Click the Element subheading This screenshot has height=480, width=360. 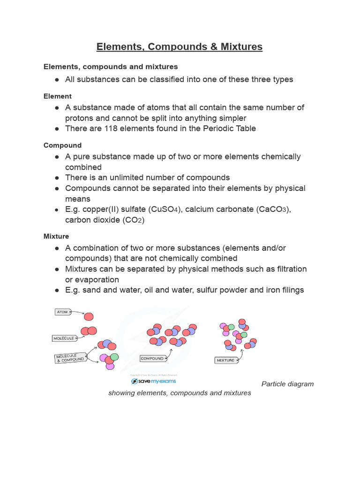(x=58, y=96)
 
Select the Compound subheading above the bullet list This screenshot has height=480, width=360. (x=62, y=145)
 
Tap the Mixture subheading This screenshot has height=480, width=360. (x=56, y=236)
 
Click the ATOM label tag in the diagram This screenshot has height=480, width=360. (x=62, y=312)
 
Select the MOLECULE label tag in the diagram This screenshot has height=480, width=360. (x=64, y=338)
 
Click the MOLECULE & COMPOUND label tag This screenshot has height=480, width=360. (x=70, y=359)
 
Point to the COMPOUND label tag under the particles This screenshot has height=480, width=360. (x=152, y=359)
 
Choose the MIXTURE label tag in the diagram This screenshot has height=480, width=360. (x=226, y=360)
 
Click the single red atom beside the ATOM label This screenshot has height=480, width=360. (x=89, y=316)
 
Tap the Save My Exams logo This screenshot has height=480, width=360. (x=153, y=381)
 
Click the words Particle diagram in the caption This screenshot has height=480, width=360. (x=287, y=384)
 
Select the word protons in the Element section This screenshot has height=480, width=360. (x=79, y=118)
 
